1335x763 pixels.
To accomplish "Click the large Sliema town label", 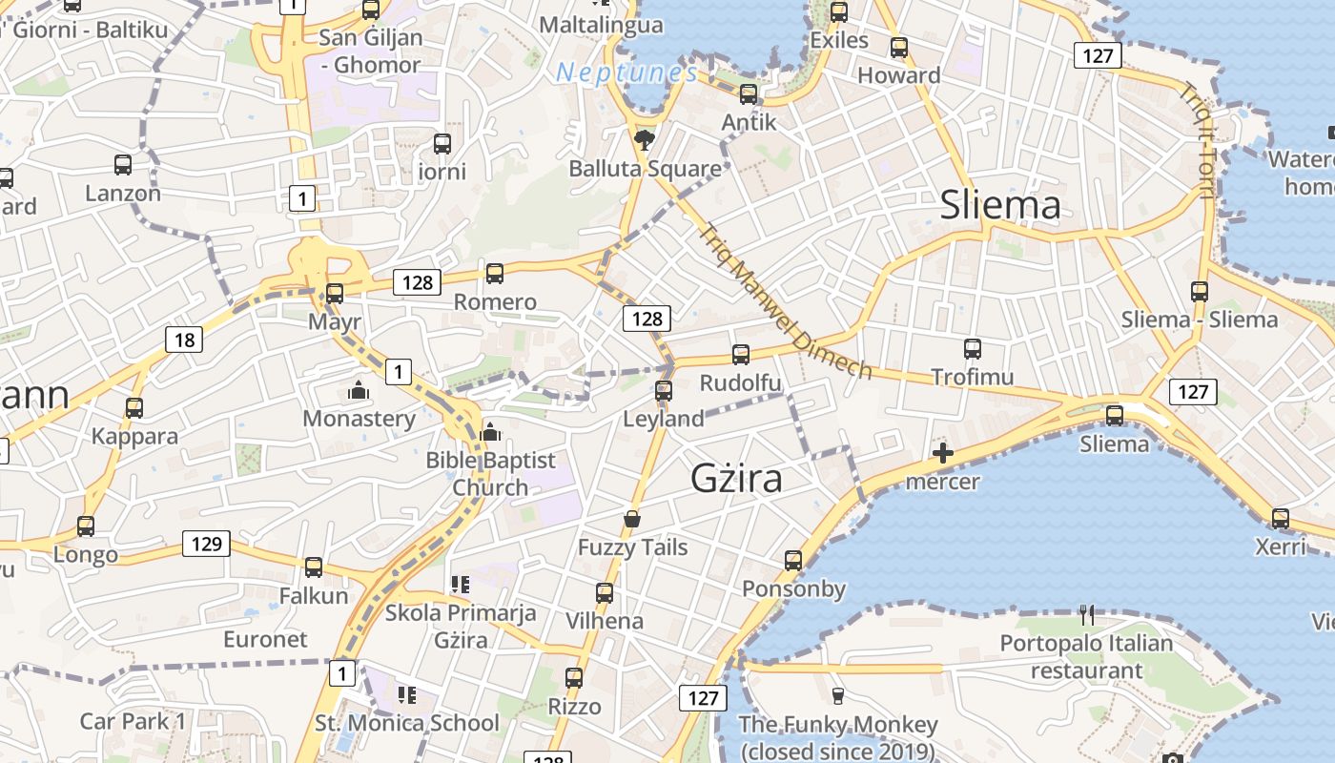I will coord(1000,205).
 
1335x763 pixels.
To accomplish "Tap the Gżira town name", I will coord(736,478).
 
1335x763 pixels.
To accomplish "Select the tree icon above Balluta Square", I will coord(645,140).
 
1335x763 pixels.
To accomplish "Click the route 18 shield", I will coord(184,340).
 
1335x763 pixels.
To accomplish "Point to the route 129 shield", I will coord(206,545).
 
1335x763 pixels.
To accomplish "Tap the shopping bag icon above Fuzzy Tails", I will coord(631,519).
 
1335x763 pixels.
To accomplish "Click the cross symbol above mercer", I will coord(943,453).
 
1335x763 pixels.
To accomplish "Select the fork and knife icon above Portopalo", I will coord(1086,615).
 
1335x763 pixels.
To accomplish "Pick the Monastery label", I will coord(359,419).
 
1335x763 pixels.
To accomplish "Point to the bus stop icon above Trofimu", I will coord(973,349).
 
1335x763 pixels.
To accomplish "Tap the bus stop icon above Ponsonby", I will coord(793,561).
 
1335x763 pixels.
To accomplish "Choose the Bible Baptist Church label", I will coord(490,473).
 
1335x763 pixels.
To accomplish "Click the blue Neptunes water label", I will coord(626,72).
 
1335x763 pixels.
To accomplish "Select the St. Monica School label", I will coord(406,723).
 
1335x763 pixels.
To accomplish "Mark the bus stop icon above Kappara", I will coord(134,408).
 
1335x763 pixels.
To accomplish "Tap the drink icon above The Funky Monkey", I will coord(838,696).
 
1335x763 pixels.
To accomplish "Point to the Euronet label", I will coord(265,639).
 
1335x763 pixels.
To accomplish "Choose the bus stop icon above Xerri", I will coord(1281,519).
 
